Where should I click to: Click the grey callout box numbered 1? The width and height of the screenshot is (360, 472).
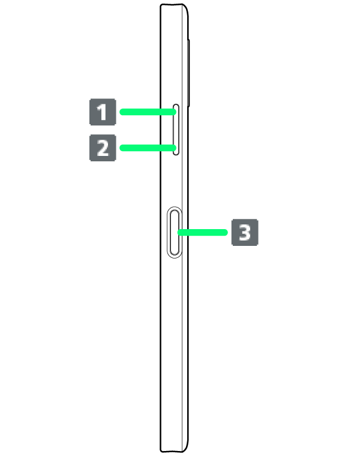tap(103, 112)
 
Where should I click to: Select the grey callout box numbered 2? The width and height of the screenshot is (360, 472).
tap(103, 148)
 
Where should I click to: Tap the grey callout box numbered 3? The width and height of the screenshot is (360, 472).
tap(245, 232)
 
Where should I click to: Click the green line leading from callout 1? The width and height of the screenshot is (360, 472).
tap(148, 112)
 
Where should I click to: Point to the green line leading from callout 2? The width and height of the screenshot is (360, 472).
tap(148, 148)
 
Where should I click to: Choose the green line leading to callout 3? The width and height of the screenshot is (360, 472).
tap(202, 232)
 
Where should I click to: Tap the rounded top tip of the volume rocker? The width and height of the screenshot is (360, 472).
tap(176, 105)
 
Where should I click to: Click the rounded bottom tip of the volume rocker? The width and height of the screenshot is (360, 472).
tap(176, 154)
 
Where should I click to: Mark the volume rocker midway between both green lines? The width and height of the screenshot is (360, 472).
tap(176, 130)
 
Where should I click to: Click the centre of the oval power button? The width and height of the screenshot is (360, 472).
tap(175, 232)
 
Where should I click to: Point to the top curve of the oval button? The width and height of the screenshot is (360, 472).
tap(175, 208)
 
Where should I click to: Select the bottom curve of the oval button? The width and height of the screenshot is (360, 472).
tap(175, 257)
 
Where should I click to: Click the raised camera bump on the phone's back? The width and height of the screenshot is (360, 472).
tap(188, 73)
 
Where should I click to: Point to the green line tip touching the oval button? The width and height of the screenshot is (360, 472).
tap(179, 232)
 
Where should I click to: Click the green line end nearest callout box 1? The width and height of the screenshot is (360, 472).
tap(122, 112)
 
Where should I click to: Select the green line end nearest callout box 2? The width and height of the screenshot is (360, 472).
tap(122, 148)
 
